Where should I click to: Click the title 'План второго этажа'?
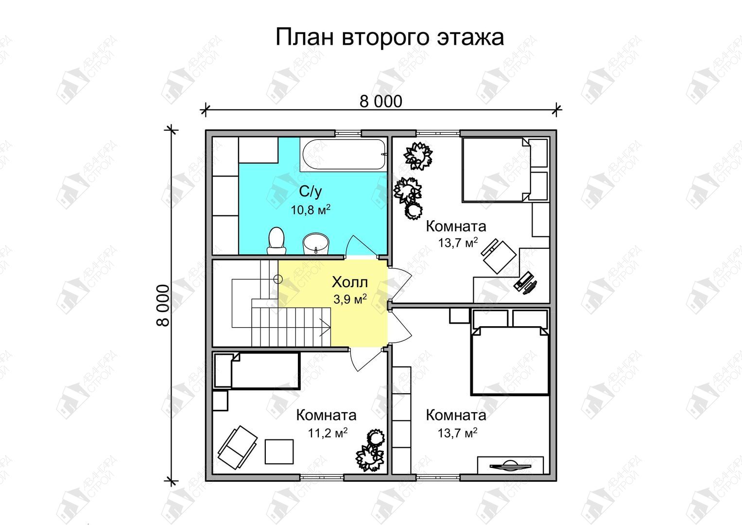[390, 37]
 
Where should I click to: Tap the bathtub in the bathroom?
[344, 155]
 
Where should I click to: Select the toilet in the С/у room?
[276, 241]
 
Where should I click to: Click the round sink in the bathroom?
[316, 244]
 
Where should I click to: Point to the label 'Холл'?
[350, 282]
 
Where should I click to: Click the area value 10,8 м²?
[311, 210]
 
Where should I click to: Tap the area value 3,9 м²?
[350, 299]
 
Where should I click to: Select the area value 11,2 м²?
[328, 433]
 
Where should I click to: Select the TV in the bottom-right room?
[510, 465]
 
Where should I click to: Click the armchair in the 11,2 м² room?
[238, 447]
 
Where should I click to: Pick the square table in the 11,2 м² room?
[279, 452]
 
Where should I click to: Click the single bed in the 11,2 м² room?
[257, 370]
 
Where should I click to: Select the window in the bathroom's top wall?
[348, 133]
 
